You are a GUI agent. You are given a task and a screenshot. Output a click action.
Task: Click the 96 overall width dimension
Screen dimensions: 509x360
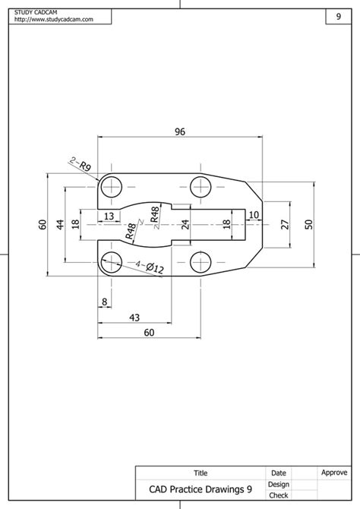click(x=180, y=131)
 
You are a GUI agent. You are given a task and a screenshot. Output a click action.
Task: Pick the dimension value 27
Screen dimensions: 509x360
click(x=284, y=224)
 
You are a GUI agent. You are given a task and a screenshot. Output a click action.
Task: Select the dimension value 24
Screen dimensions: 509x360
click(x=185, y=224)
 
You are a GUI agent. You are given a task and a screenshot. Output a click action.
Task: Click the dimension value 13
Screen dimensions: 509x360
click(x=109, y=217)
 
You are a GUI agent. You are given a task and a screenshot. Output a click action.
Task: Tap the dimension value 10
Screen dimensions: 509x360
click(x=253, y=216)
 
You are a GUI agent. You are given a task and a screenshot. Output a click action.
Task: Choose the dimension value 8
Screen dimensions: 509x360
click(x=103, y=302)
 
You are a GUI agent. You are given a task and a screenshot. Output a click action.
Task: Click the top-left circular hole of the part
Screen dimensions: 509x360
click(x=112, y=185)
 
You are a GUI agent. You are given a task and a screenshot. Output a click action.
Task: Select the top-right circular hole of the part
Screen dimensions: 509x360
click(x=201, y=185)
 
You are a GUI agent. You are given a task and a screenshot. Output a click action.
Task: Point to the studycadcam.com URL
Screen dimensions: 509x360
click(x=53, y=20)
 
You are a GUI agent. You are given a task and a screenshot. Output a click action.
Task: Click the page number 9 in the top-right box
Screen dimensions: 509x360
click(x=338, y=16)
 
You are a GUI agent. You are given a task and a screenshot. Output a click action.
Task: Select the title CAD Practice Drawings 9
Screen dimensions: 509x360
click(x=200, y=490)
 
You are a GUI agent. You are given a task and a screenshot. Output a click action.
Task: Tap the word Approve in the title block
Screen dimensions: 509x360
click(x=333, y=473)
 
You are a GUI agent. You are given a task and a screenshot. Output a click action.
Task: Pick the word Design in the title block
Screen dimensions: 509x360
click(x=278, y=484)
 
